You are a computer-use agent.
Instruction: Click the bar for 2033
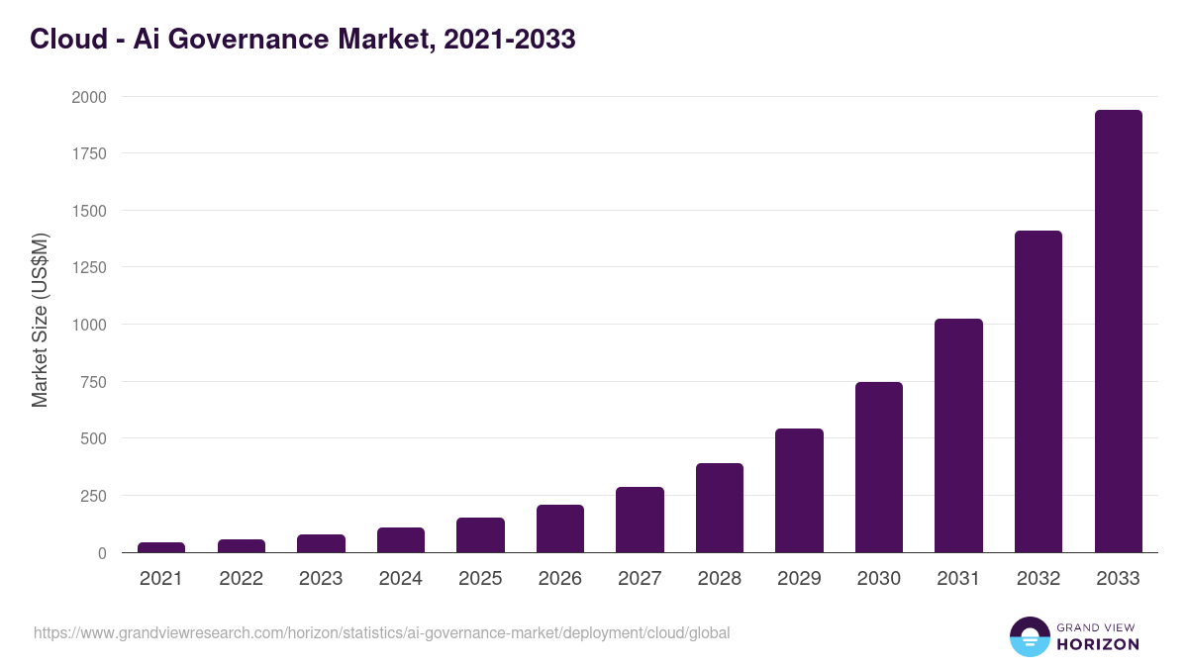pos(1118,332)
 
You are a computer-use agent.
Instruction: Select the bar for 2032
pos(1039,392)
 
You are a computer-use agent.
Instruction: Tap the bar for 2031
pos(958,435)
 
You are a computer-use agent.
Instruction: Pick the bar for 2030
pos(879,467)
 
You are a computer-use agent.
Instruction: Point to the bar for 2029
pos(799,491)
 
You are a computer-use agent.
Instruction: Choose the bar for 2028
pos(720,508)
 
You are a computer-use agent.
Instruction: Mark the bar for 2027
pos(640,520)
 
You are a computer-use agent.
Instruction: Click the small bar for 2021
pos(161,547)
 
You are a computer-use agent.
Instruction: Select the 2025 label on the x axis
pos(480,579)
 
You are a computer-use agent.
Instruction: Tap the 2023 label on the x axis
pos(321,579)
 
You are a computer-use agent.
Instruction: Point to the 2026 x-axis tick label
pos(560,579)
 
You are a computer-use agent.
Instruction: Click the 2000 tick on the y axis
pos(88,97)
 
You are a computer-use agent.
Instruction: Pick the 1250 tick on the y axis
pos(88,267)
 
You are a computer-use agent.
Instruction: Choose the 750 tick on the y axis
pos(92,382)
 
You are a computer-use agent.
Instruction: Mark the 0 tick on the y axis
pos(102,553)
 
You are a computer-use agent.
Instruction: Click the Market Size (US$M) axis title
pos(40,320)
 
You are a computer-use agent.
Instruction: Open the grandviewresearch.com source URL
pos(381,632)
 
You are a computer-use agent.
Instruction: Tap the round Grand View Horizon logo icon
pos(1029,636)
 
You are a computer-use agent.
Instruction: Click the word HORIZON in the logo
pos(1098,644)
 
